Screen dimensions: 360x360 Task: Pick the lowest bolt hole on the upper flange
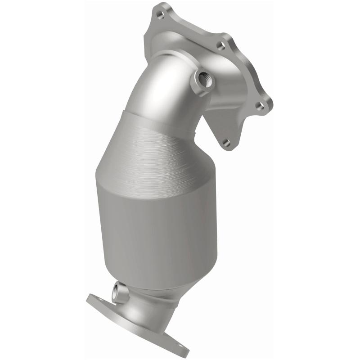[226, 142]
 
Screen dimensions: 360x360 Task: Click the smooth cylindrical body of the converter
[148, 225]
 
